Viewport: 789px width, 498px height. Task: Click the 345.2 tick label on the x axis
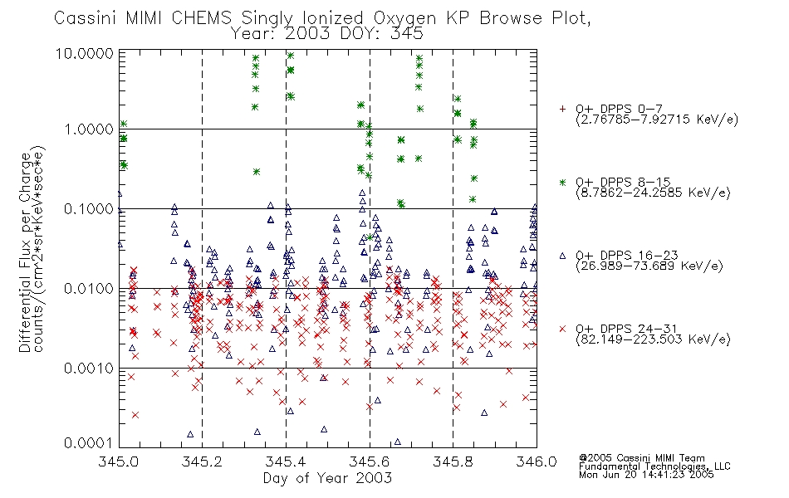pos(202,461)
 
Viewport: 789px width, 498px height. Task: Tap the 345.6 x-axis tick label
pos(369,461)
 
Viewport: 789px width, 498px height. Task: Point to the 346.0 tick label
pos(537,461)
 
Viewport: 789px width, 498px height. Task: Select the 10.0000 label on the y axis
pos(85,53)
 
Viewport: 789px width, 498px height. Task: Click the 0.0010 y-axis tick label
pos(89,369)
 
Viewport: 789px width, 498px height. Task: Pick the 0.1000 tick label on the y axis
pos(89,209)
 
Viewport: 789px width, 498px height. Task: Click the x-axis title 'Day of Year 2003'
pos(327,478)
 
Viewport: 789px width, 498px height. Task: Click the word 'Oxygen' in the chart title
pos(405,18)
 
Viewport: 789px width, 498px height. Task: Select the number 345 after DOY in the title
pos(407,34)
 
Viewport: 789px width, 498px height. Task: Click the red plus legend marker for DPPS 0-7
pos(562,109)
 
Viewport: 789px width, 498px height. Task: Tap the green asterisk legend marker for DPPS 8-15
pos(562,182)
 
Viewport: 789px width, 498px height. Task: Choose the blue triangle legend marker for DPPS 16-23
pos(562,256)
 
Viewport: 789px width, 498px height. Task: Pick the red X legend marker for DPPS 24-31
pos(562,329)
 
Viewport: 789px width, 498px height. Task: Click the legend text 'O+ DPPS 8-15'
pos(624,182)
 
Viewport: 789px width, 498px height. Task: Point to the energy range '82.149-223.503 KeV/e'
pos(653,339)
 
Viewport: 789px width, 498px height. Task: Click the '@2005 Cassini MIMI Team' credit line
pos(641,458)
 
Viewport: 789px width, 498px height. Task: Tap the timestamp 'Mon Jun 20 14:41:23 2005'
pos(646,475)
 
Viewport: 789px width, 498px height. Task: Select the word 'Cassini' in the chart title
pos(85,18)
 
